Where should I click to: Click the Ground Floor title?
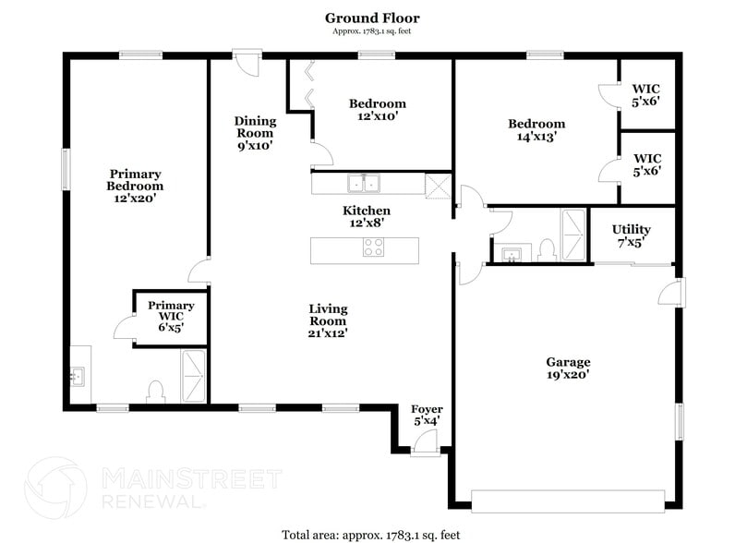tap(372, 18)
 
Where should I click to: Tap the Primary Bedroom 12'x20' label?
tap(136, 187)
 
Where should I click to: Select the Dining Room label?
tap(255, 133)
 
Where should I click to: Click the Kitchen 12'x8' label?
tap(367, 216)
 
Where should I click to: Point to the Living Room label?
tap(328, 321)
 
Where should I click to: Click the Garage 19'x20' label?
tap(568, 368)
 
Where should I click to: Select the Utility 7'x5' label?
tap(632, 235)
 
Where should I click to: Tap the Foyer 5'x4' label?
tap(427, 415)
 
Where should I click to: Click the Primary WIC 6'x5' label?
tap(171, 316)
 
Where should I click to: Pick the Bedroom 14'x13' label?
tap(536, 130)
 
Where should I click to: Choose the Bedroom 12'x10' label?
tap(378, 110)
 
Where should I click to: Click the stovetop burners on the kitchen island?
tap(373, 247)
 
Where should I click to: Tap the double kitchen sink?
tap(364, 184)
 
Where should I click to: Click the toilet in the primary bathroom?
tap(155, 392)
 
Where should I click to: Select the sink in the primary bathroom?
tap(77, 376)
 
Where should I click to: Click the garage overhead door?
tap(568, 501)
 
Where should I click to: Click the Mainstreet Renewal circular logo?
tap(55, 488)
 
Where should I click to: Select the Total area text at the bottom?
tap(371, 535)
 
